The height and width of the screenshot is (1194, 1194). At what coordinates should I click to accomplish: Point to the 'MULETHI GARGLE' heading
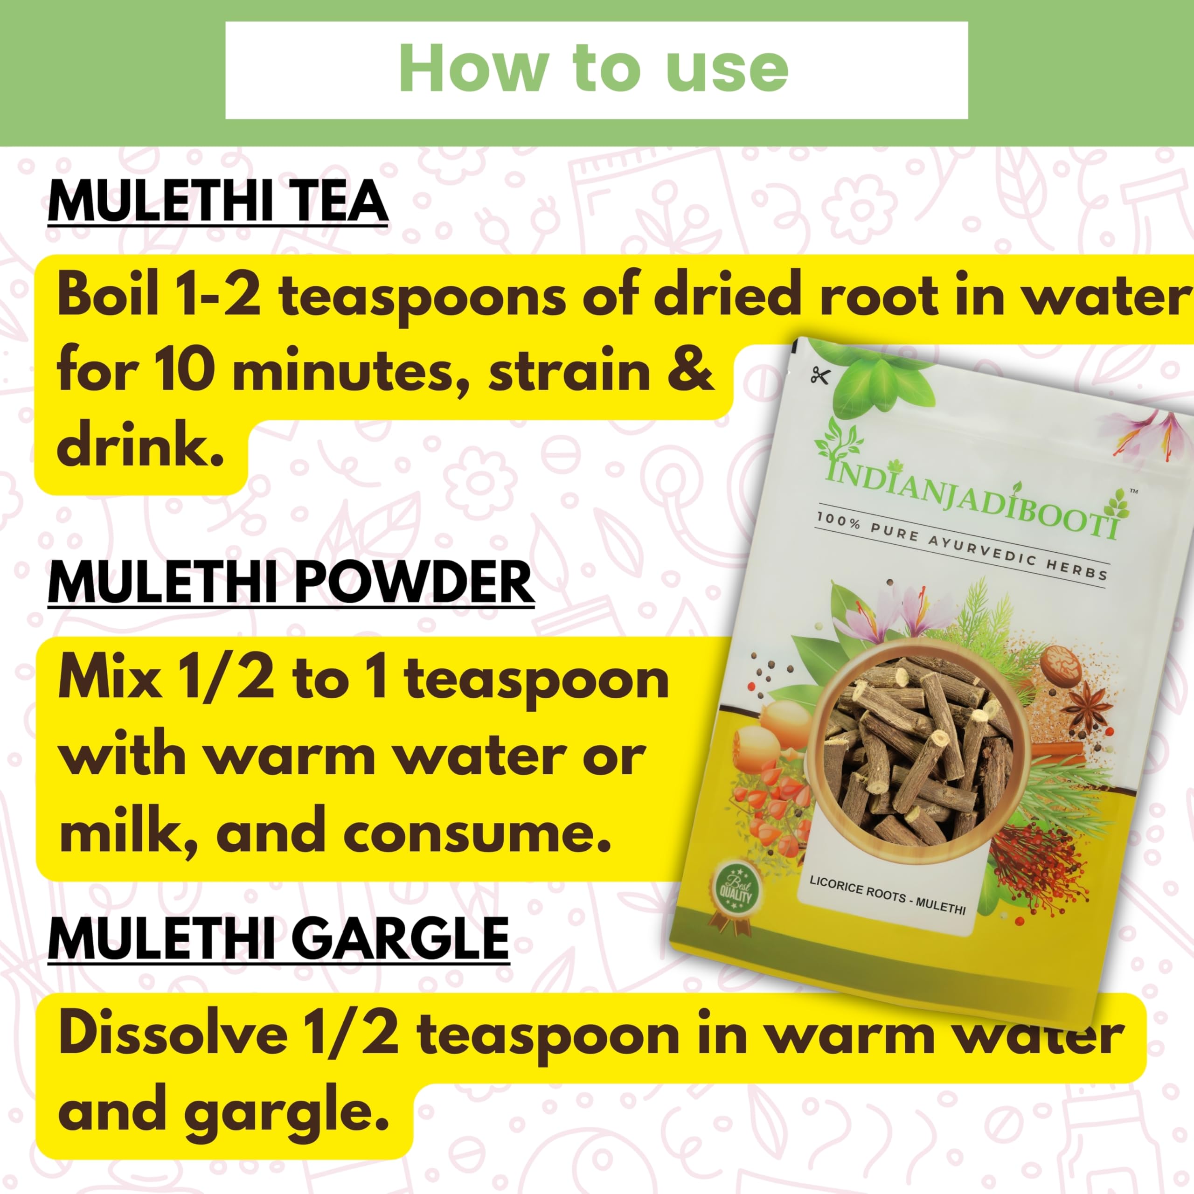click(279, 939)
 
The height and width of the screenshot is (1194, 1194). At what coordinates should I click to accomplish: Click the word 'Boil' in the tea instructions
click(108, 297)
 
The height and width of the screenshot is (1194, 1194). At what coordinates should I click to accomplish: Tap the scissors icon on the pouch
click(819, 375)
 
